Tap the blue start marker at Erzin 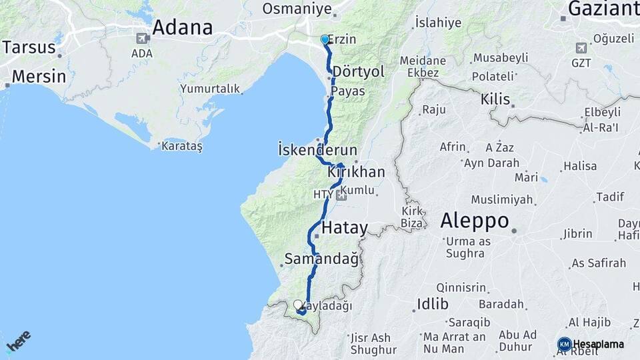[325, 39]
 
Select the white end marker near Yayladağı [297, 305]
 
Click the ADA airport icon [141, 38]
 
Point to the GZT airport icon [581, 48]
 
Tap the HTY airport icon [342, 195]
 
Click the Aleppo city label [475, 221]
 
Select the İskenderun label [317, 150]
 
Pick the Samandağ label [321, 258]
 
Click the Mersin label [39, 76]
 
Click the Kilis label [495, 100]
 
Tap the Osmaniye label [297, 9]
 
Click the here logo [18, 341]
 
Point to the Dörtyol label [358, 71]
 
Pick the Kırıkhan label [356, 172]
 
